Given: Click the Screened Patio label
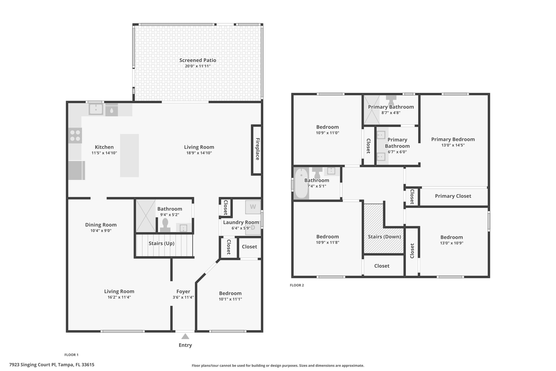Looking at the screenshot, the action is click(x=198, y=60).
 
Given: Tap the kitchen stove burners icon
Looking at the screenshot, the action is click(x=75, y=135).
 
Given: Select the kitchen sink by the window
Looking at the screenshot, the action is click(x=96, y=109).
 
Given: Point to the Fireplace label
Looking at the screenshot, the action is click(x=257, y=149).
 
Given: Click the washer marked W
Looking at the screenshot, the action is click(x=253, y=207).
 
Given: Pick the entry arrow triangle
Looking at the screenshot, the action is click(x=185, y=336).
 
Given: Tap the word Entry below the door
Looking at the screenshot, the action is click(x=185, y=345).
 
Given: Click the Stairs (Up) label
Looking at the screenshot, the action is click(x=161, y=243).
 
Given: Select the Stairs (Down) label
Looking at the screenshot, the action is click(x=384, y=236).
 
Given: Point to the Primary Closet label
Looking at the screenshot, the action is click(x=453, y=196).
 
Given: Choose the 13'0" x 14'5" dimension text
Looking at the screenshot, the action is click(x=453, y=145).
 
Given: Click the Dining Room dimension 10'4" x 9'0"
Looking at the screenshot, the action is click(x=101, y=231).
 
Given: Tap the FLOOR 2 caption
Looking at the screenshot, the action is click(x=297, y=285).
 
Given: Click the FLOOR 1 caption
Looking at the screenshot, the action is click(x=71, y=355).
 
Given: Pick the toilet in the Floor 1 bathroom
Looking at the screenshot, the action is click(x=165, y=225).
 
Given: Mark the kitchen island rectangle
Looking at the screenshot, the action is click(x=129, y=155).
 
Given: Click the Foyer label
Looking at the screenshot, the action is click(x=183, y=291).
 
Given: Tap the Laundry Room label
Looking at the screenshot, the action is click(x=241, y=222).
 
